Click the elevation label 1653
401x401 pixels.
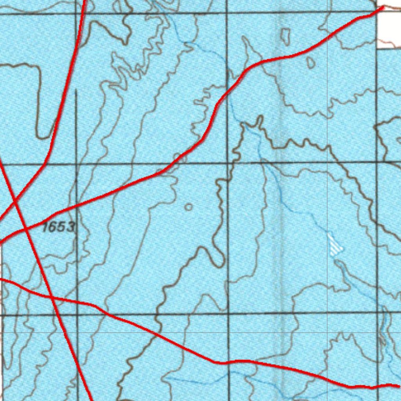coord(58,227)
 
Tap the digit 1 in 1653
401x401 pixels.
coord(45,227)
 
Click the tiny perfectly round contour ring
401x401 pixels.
coord(188,207)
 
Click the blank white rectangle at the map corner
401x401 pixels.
coord(389,29)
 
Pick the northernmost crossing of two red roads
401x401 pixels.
coord(14,201)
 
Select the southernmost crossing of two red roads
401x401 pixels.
coord(52,298)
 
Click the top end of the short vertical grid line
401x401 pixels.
coord(76,91)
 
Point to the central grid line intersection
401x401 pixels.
coord(228,163)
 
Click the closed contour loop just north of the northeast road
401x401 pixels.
coord(285,36)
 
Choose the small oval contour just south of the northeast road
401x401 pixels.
coord(311,62)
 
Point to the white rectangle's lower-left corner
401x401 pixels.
coord(377,48)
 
